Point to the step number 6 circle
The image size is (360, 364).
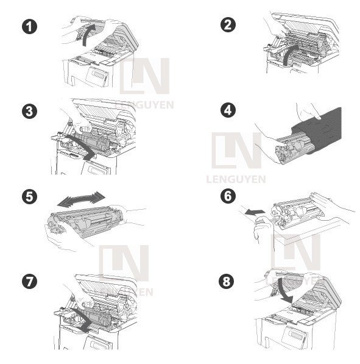228,196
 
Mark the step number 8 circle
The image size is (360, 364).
228,281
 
